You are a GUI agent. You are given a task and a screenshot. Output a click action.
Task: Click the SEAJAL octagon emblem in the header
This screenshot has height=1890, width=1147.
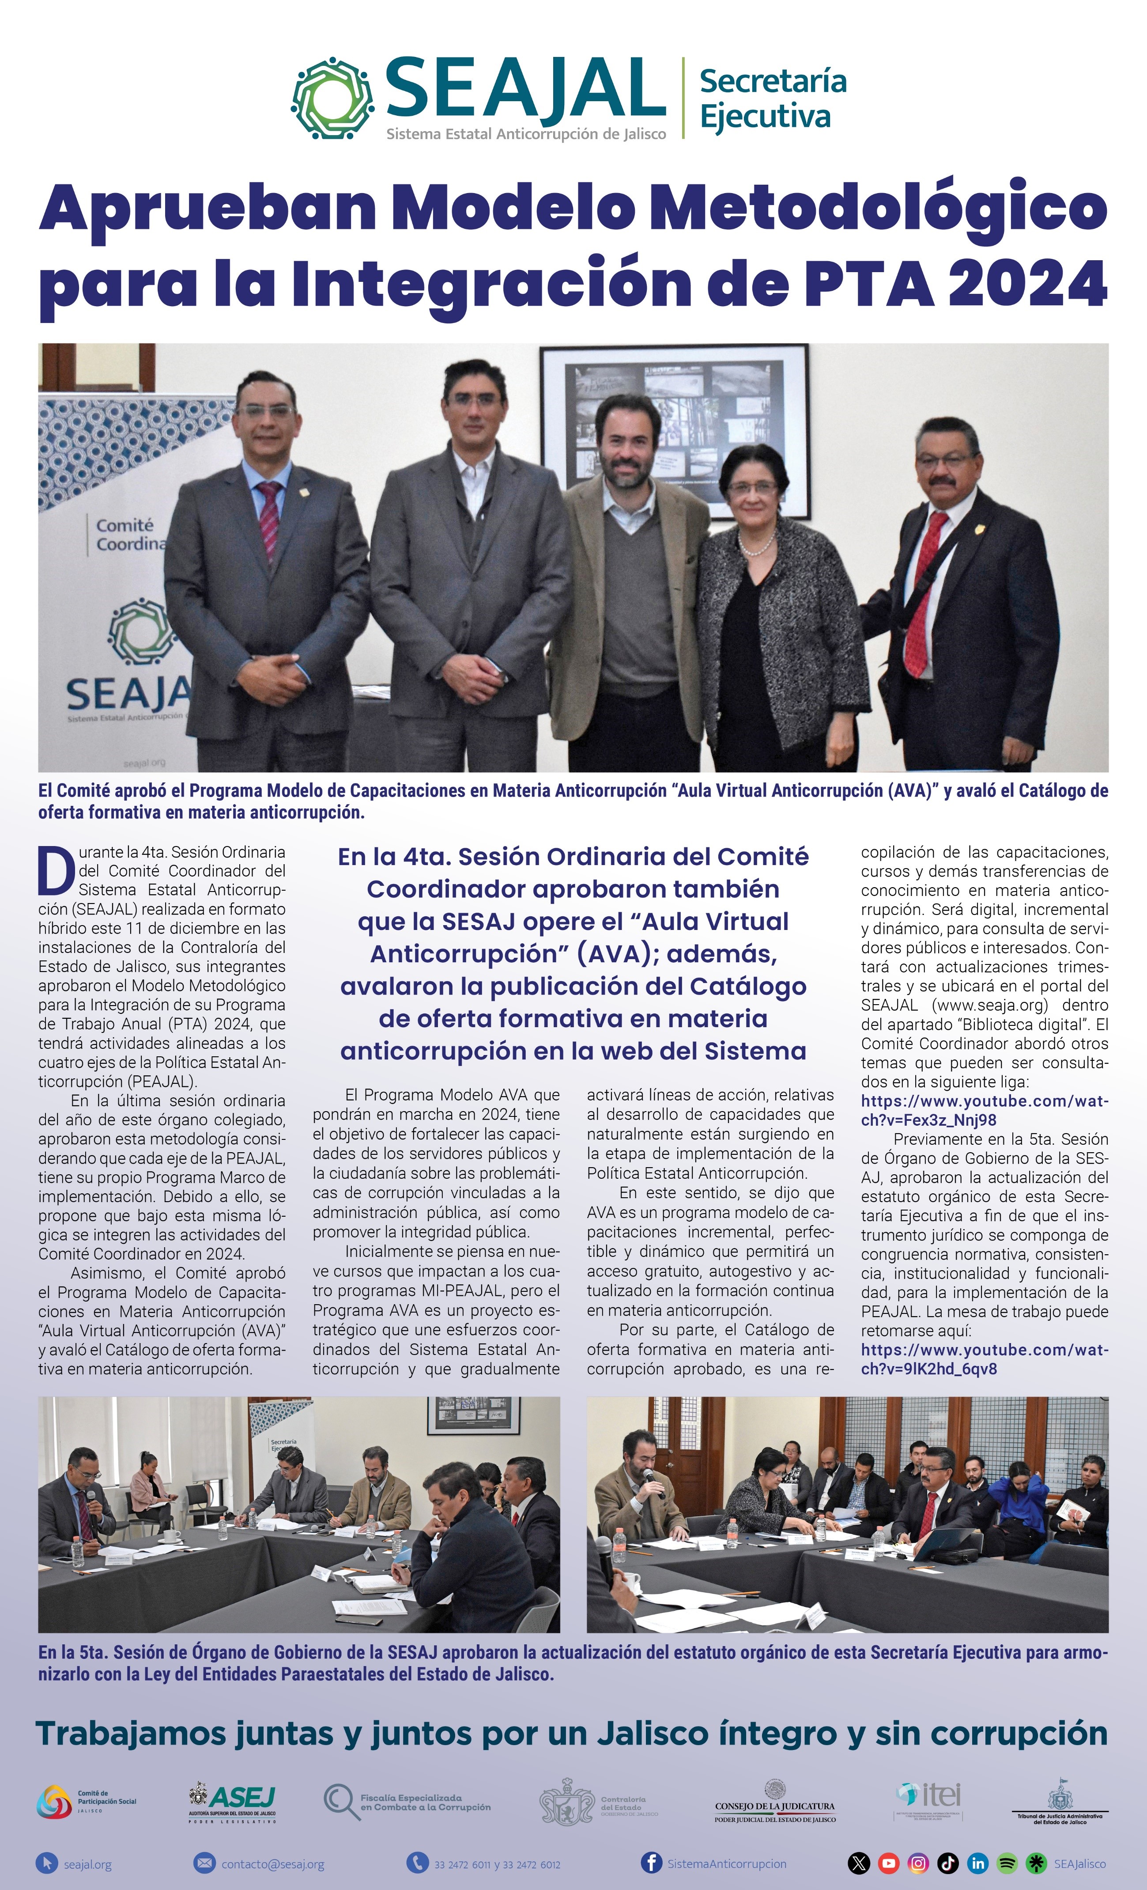[x=333, y=98]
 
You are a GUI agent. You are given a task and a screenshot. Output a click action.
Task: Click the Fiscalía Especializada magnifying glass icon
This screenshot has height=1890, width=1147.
[x=340, y=1801]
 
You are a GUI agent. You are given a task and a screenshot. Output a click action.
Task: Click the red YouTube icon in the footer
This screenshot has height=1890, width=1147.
[x=889, y=1863]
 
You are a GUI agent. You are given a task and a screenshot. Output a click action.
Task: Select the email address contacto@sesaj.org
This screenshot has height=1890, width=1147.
[x=272, y=1864]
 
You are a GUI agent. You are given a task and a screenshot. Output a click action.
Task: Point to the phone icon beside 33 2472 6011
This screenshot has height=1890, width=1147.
[x=417, y=1863]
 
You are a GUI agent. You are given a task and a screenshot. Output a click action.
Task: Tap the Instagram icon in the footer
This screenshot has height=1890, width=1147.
[x=918, y=1863]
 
